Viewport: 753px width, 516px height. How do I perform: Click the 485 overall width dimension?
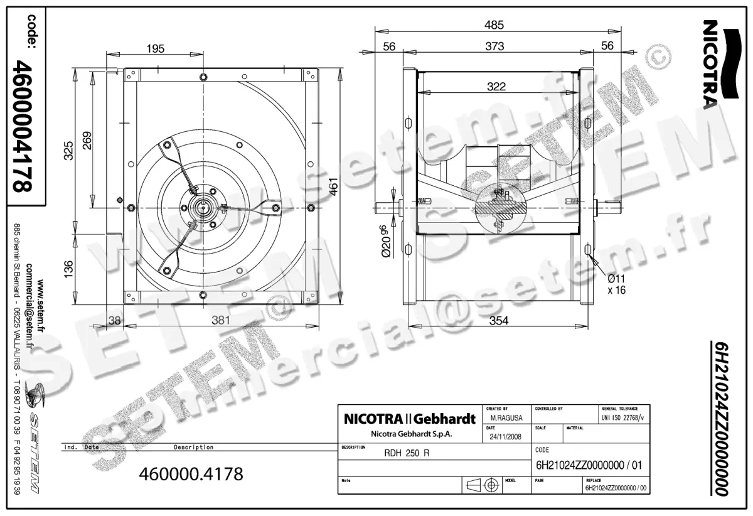494,25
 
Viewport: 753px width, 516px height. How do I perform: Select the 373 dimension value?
494,46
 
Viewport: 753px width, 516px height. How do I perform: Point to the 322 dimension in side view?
496,87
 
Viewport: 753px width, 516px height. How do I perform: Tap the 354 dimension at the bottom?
498,321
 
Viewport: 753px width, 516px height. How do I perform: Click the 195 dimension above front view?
155,48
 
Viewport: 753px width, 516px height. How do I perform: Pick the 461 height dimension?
335,186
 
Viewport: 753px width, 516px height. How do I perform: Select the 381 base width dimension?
220,320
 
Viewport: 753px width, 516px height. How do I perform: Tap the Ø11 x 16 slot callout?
616,284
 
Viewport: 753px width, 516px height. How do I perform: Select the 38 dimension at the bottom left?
114,320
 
